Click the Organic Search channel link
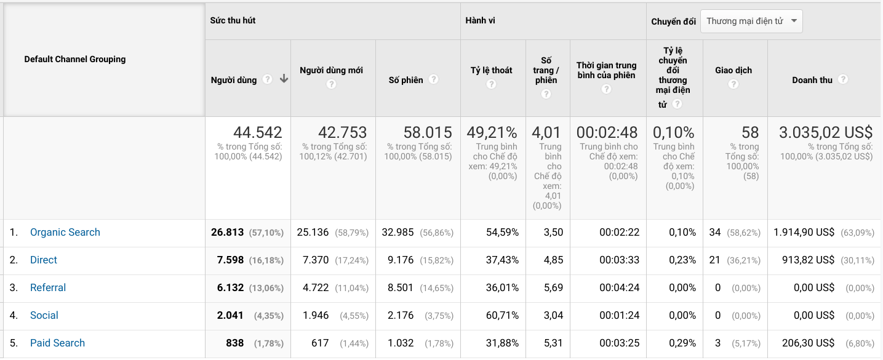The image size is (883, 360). pos(65,232)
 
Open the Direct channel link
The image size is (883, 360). pos(44,260)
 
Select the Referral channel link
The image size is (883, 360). pos(48,287)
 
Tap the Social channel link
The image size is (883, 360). pos(44,315)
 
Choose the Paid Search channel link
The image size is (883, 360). pos(57,343)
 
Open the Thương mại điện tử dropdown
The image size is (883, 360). pos(751,21)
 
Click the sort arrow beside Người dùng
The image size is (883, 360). pos(284,79)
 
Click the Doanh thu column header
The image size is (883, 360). pos(812,80)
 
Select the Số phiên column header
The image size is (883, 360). pos(406,80)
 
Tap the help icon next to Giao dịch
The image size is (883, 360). pos(733,84)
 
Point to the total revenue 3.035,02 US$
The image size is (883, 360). pos(826,132)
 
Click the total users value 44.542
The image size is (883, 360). pos(257,132)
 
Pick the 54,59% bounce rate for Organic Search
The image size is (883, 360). pos(502,232)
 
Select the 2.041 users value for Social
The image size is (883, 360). pos(231,315)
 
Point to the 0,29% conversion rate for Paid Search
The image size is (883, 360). pos(682,343)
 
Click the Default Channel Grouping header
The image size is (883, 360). pos(75,59)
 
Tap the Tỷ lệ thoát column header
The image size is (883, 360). pos(491,70)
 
